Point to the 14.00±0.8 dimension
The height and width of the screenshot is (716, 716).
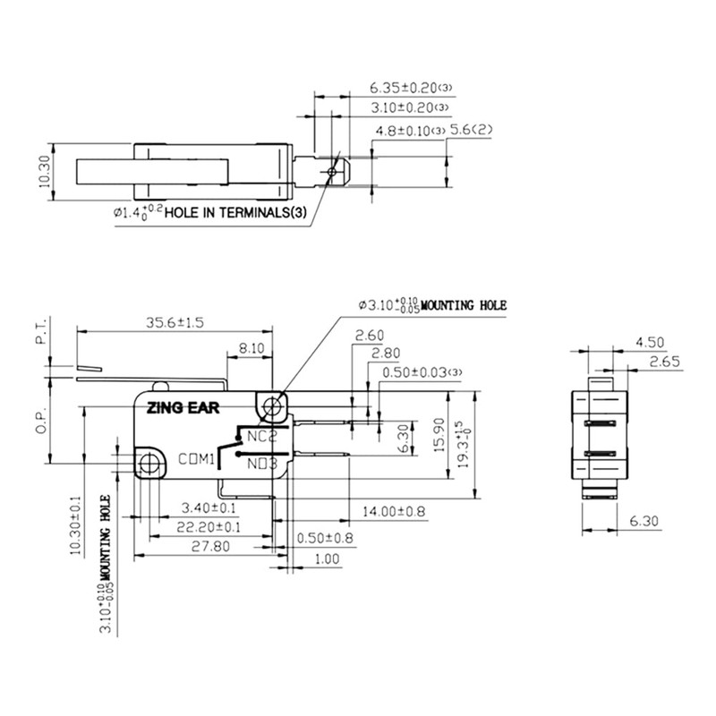395,511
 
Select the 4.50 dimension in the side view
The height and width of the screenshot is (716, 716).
649,341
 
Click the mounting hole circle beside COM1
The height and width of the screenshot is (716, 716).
150,464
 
